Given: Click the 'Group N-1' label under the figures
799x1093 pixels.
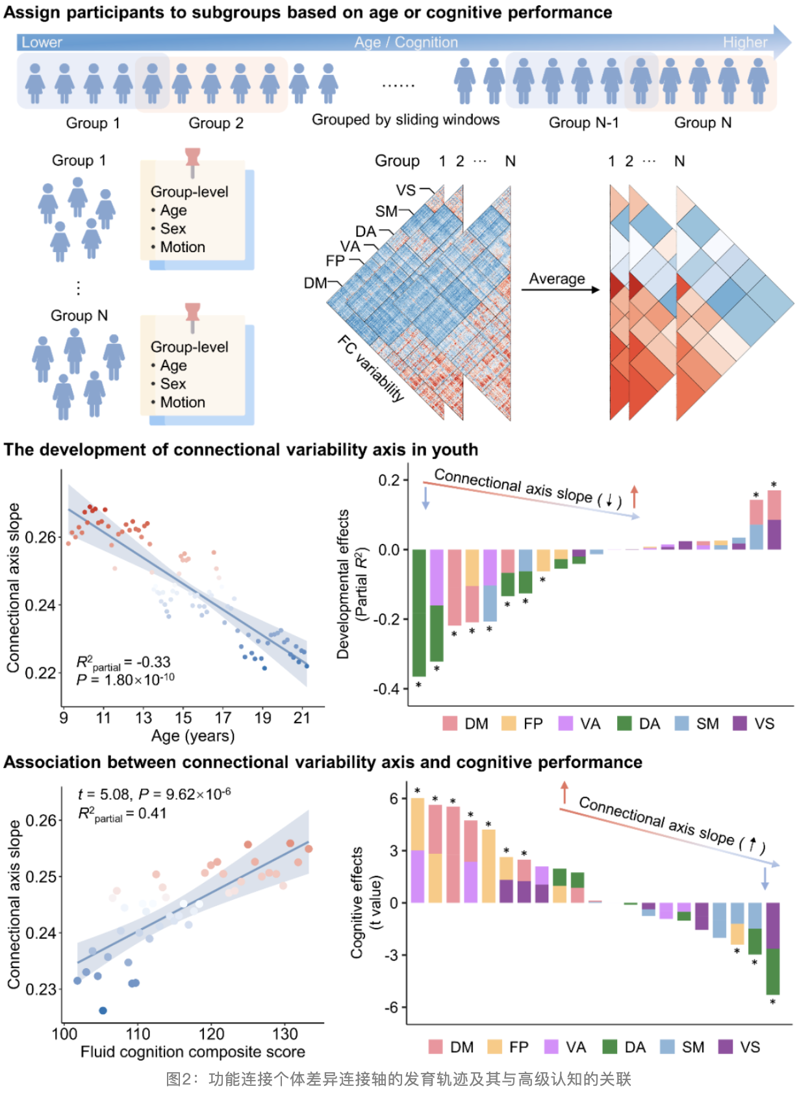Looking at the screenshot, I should point(583,123).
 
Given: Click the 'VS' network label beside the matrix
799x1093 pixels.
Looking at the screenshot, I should point(406,190).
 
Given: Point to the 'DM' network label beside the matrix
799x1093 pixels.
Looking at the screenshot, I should point(315,283).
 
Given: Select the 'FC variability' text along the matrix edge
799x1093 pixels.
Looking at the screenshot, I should point(371,368).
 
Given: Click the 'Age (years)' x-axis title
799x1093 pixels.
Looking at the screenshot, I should point(193,736).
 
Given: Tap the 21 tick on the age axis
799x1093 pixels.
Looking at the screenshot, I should point(302,718).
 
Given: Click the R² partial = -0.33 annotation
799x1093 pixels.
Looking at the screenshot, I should point(123,663).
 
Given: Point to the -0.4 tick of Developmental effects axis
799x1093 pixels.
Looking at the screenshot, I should point(387,689).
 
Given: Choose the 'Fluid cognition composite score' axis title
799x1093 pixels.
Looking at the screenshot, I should point(193,1051).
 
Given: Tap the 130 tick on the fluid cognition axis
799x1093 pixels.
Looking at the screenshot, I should point(285,1034).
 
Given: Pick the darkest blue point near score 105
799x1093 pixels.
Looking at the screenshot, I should point(103,1010).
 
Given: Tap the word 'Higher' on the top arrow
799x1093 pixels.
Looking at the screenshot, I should point(745,42).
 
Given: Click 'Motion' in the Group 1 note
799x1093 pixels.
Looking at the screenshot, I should point(183,247).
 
